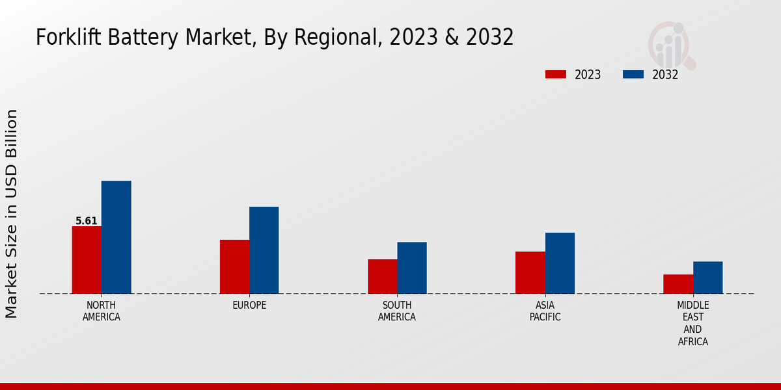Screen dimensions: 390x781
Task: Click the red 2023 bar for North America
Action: (x=87, y=260)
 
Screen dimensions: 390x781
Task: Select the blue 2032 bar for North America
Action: (x=116, y=237)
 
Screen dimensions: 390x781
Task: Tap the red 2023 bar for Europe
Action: (x=234, y=266)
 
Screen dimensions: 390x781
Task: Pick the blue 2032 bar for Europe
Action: (x=264, y=250)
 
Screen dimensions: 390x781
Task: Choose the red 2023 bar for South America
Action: (x=382, y=276)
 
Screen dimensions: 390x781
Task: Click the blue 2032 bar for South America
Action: (x=412, y=268)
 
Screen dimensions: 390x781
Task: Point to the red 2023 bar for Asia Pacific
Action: (x=530, y=272)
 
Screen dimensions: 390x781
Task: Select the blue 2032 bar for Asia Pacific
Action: (x=560, y=263)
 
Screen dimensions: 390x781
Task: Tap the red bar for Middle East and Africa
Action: (x=678, y=284)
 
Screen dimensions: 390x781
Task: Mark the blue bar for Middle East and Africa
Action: (x=707, y=278)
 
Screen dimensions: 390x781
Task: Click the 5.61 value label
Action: (x=87, y=221)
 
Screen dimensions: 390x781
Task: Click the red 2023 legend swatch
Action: (x=555, y=74)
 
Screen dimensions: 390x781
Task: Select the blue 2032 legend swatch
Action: (x=633, y=74)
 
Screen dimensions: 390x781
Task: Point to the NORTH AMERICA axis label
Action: (x=102, y=311)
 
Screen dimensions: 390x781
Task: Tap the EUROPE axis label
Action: (x=249, y=305)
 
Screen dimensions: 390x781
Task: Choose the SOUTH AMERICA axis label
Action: (x=397, y=311)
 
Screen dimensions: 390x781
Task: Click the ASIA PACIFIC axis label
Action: (x=545, y=311)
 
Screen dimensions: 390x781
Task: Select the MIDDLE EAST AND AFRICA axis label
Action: (x=692, y=324)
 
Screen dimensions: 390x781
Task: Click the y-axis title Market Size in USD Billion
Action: (x=12, y=214)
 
